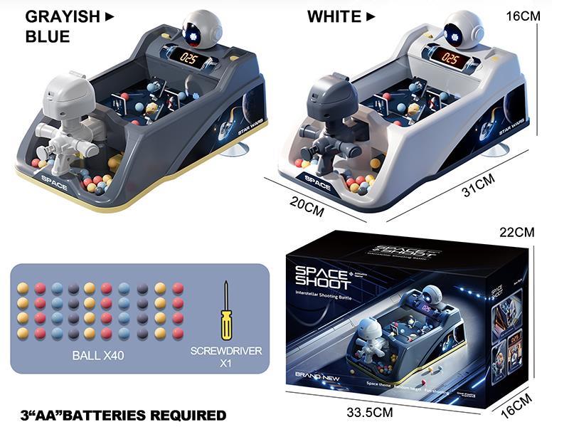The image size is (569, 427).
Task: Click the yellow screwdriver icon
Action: click(226, 310)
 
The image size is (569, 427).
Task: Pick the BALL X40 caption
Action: click(98, 354)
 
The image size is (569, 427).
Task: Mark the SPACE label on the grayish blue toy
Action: click(55, 186)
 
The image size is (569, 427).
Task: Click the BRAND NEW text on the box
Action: click(308, 374)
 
